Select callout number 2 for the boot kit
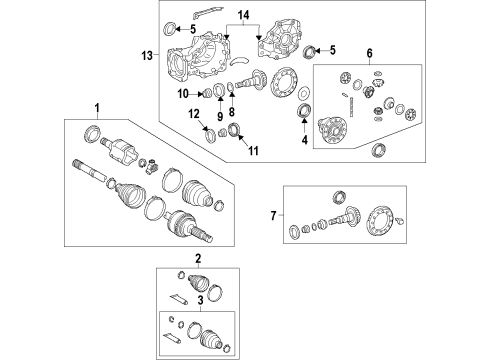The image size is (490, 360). tap(198, 259)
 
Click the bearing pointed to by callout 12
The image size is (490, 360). tap(212, 137)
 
